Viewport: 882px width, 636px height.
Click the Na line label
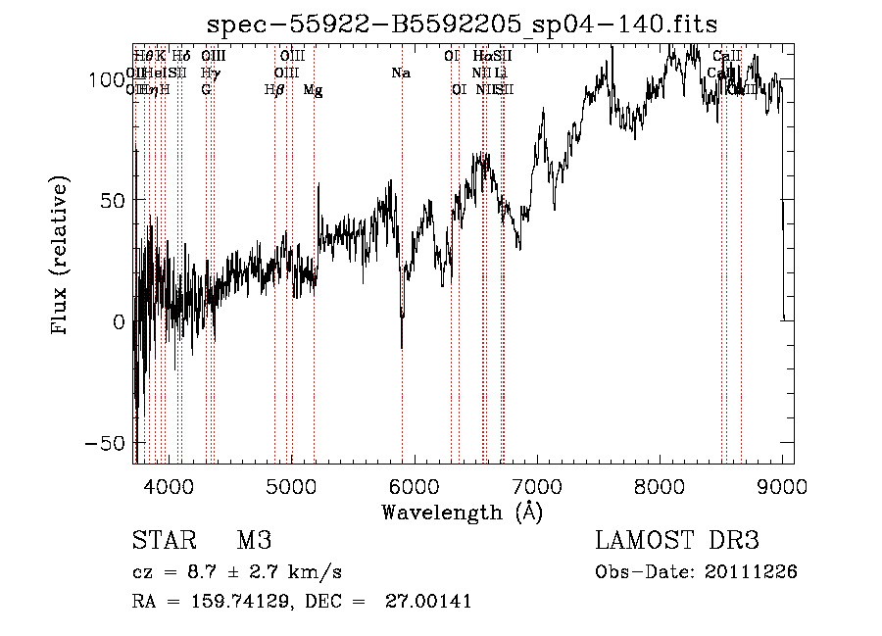pyautogui.click(x=400, y=73)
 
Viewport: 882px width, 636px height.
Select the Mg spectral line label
pyautogui.click(x=313, y=90)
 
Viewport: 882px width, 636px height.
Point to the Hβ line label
pyautogui.click(x=274, y=90)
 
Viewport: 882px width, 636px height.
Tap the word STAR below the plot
pyautogui.click(x=163, y=541)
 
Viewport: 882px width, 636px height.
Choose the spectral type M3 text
pyautogui.click(x=254, y=541)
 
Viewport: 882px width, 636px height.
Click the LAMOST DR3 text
pyautogui.click(x=677, y=541)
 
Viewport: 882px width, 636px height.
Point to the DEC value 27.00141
pyautogui.click(x=431, y=602)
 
